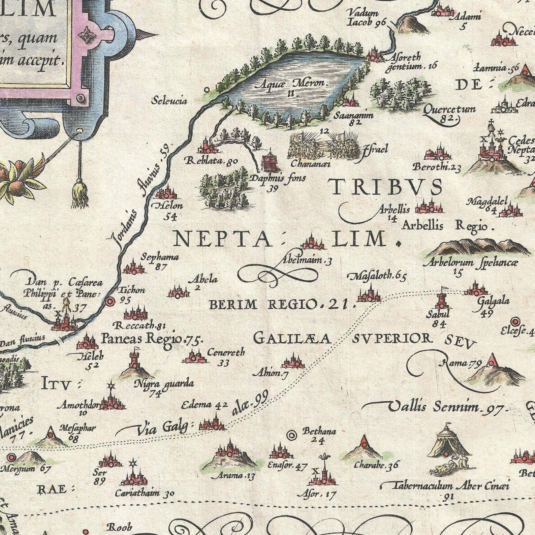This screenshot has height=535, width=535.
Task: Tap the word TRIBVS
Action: point(386,187)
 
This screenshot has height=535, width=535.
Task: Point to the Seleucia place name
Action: point(169,100)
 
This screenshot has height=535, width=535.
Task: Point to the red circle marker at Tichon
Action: point(110,302)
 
